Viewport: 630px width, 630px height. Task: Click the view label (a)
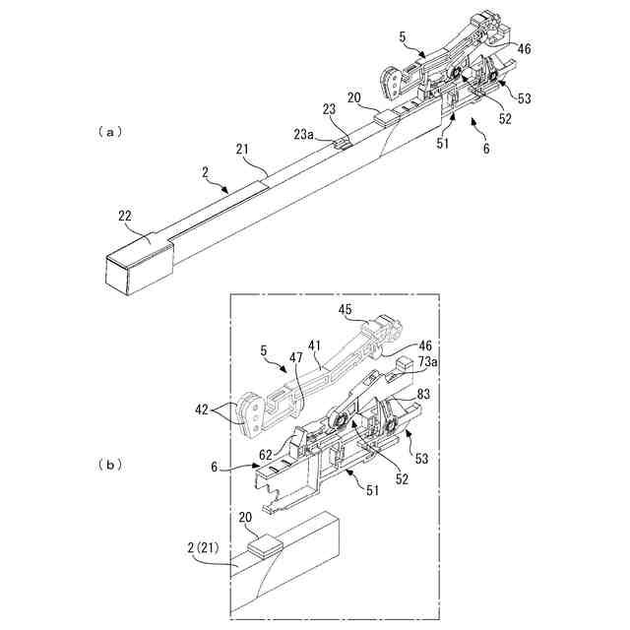coord(108,130)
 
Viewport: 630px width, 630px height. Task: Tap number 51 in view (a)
coord(445,144)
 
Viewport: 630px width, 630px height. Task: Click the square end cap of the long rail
coord(136,266)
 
